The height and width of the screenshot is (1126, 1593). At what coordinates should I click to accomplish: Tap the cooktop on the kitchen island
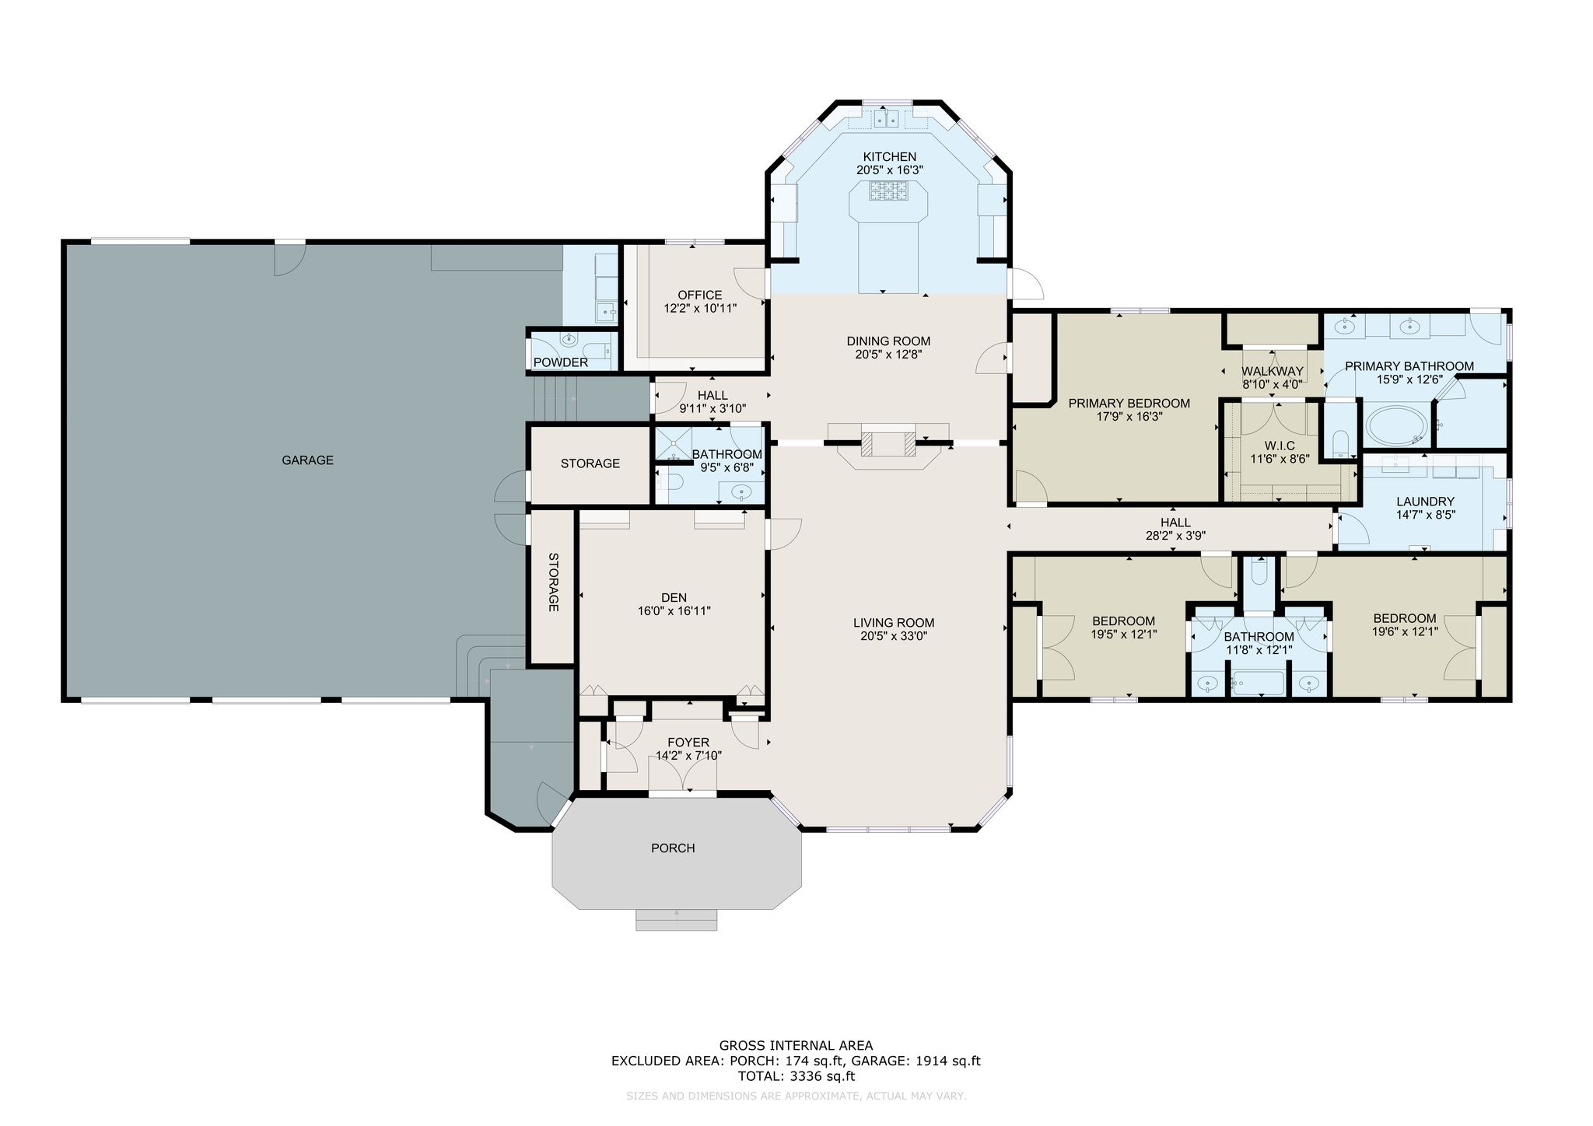889,191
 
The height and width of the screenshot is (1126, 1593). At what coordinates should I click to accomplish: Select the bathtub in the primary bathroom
1397,425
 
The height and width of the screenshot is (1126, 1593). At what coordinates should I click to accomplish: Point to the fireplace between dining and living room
888,445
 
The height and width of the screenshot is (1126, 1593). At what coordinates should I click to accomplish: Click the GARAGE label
307,460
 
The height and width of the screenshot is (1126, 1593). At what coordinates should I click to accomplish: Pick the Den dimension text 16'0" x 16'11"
674,611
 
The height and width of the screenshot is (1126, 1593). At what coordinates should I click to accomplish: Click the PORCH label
673,848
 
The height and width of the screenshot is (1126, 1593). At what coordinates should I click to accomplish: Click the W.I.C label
1280,446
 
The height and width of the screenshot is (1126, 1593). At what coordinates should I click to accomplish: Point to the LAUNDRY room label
1425,502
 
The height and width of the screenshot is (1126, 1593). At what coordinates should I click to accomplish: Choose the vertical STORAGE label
554,582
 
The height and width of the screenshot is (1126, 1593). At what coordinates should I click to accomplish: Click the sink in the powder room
570,339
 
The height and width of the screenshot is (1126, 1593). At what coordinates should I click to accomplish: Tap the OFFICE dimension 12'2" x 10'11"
700,309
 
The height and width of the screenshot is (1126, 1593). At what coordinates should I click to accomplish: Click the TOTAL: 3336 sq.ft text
796,1076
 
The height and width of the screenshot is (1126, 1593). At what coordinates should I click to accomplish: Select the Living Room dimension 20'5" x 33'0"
894,636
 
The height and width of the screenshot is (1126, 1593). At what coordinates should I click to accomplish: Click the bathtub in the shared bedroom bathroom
1258,684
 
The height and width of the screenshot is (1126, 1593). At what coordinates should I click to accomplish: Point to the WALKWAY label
1273,372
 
